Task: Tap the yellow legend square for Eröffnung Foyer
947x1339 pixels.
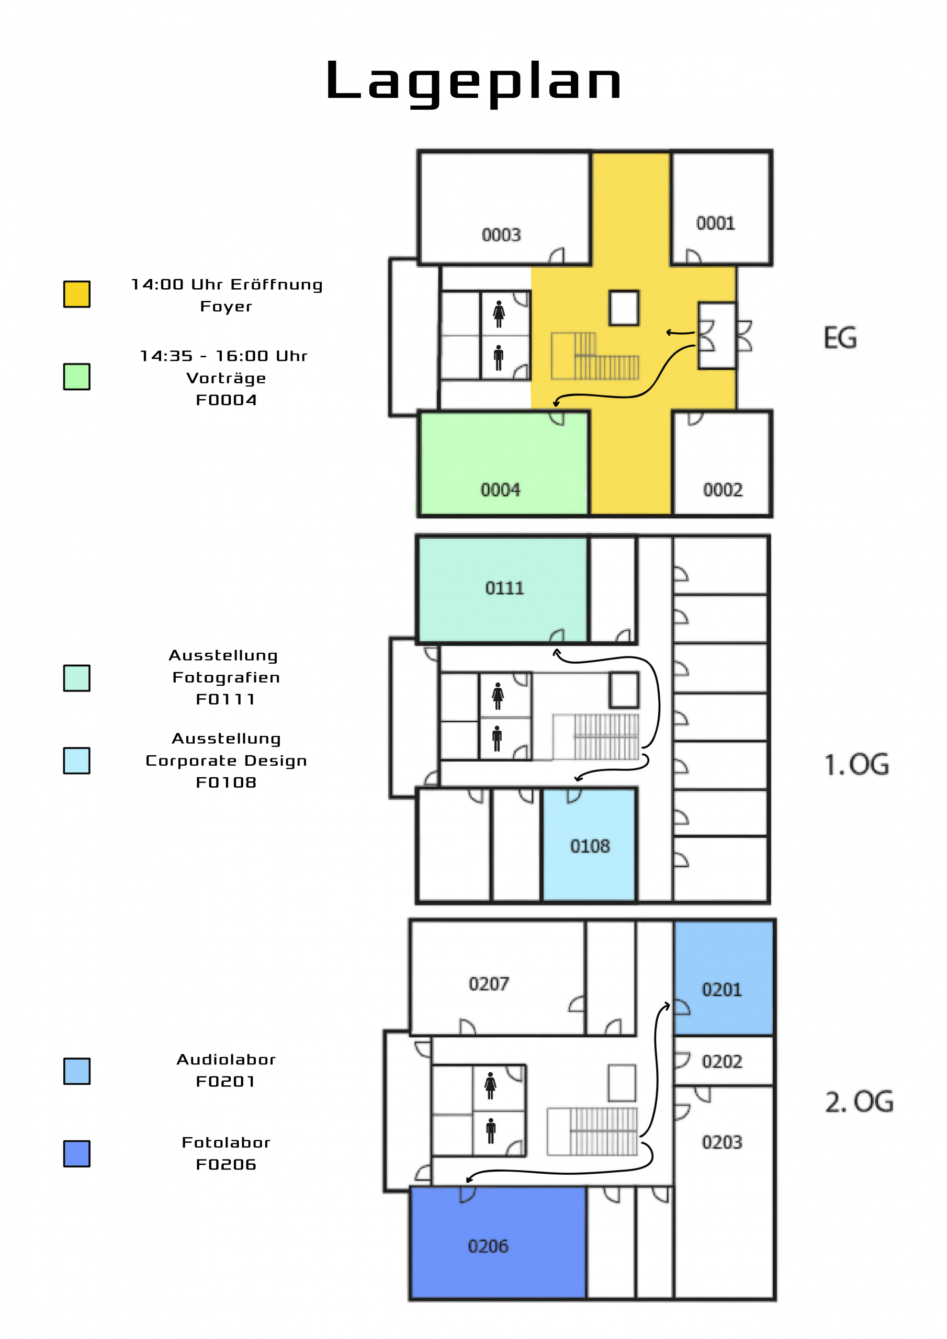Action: tap(76, 293)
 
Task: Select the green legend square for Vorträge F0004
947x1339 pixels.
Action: tap(76, 376)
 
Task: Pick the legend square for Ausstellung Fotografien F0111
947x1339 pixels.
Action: tap(76, 678)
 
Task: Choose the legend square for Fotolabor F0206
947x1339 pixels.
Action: tap(76, 1153)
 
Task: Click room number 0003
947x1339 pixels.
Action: tap(501, 234)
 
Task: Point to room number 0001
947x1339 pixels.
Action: tap(715, 223)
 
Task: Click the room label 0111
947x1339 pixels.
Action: tap(504, 587)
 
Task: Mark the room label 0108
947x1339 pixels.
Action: tap(590, 846)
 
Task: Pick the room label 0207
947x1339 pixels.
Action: tap(488, 984)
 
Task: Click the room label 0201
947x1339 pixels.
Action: tap(722, 989)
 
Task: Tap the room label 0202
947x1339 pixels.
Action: tap(722, 1061)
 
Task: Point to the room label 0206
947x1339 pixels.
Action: tap(488, 1246)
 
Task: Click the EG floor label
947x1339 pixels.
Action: tap(840, 338)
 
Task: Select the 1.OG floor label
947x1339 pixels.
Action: tap(856, 764)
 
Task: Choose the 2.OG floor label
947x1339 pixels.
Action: tap(859, 1102)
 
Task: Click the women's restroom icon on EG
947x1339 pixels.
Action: tap(498, 314)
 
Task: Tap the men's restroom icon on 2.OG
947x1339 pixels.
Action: tap(491, 1131)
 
